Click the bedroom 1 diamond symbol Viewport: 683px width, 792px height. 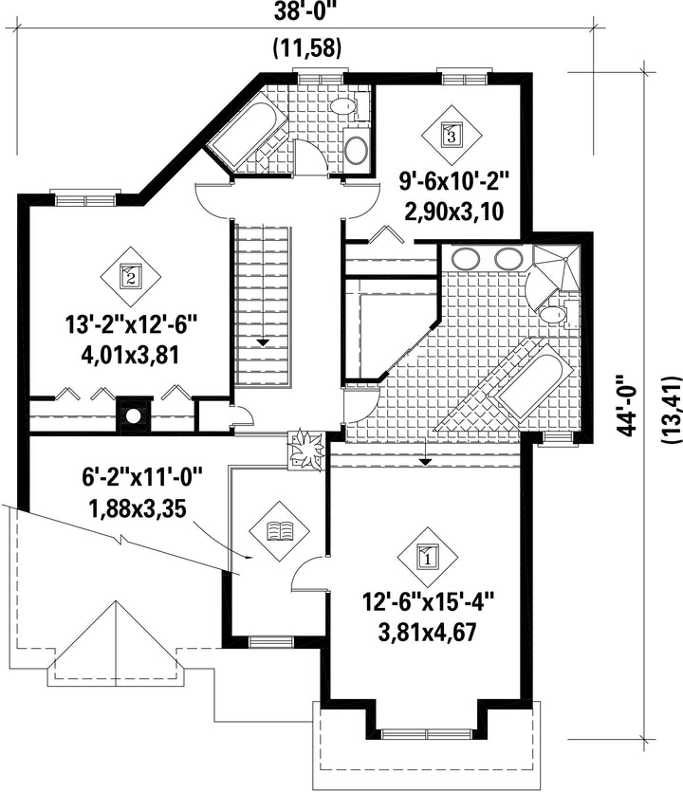click(x=428, y=558)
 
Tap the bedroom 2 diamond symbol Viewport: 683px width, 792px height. click(x=130, y=277)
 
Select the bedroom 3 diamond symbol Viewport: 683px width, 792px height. click(x=452, y=135)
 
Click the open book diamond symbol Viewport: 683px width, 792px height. click(x=279, y=531)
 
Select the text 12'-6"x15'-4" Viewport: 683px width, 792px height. click(x=428, y=601)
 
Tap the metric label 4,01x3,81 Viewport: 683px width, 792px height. click(x=130, y=355)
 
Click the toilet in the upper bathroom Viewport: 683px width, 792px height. click(x=345, y=106)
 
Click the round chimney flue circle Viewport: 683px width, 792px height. click(x=134, y=416)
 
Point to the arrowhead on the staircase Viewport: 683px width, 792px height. click(x=263, y=342)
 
